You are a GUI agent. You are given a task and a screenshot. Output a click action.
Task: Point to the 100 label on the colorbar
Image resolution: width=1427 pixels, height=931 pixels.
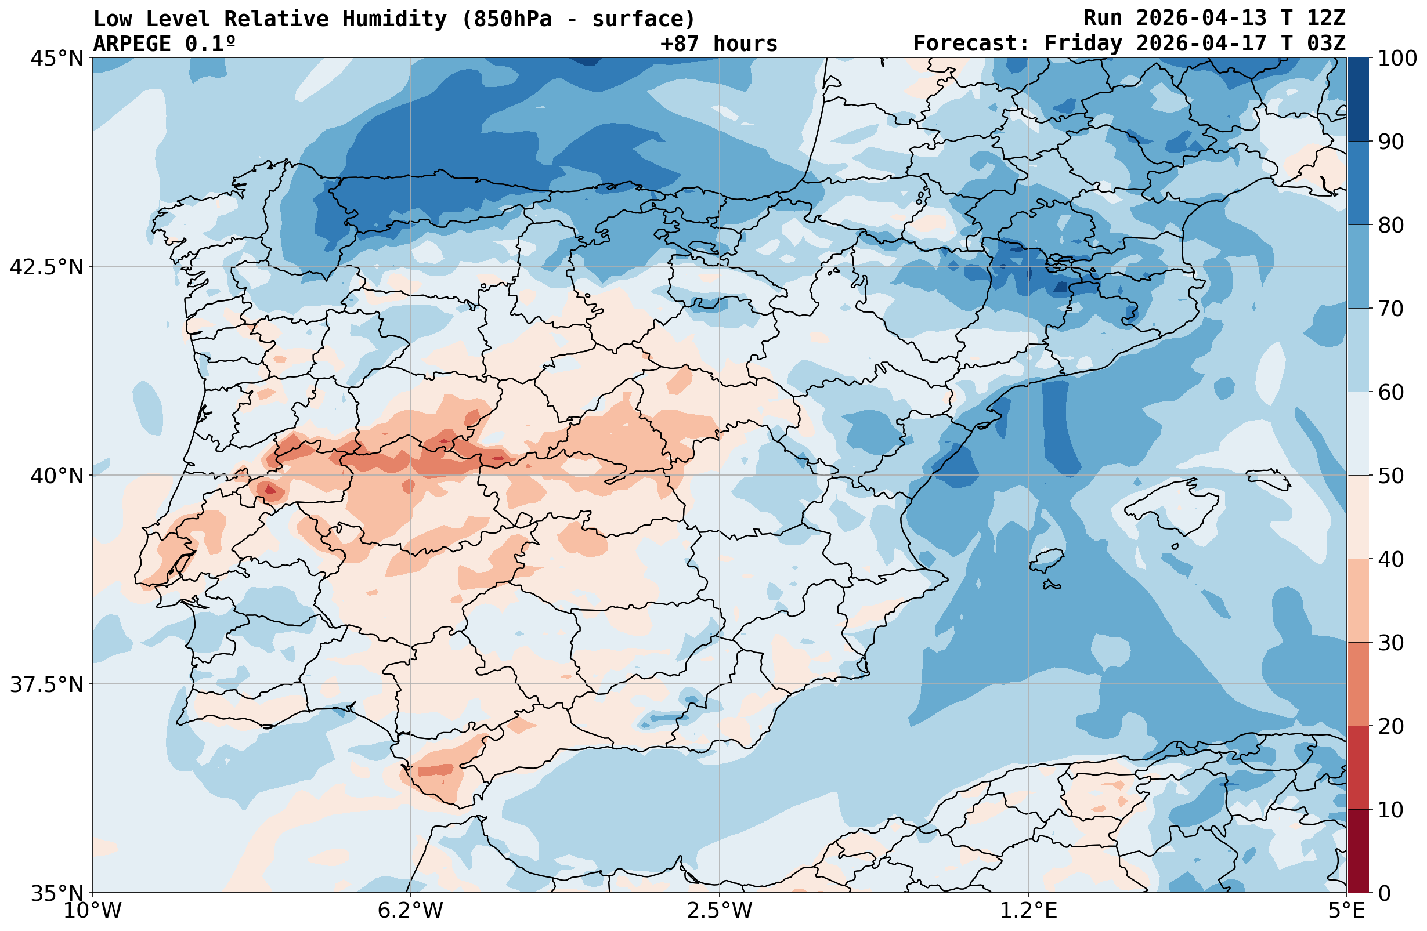coord(1397,59)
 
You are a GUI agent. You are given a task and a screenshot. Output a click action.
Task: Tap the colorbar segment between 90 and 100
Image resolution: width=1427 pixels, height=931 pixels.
coord(1358,100)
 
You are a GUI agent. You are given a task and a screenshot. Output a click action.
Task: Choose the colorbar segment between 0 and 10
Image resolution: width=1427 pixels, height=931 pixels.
coord(1358,852)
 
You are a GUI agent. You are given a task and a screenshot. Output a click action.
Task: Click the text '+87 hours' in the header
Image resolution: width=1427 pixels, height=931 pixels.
coord(718,44)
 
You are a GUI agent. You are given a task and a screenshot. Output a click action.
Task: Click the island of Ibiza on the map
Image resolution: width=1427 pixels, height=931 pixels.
coord(1047,559)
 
